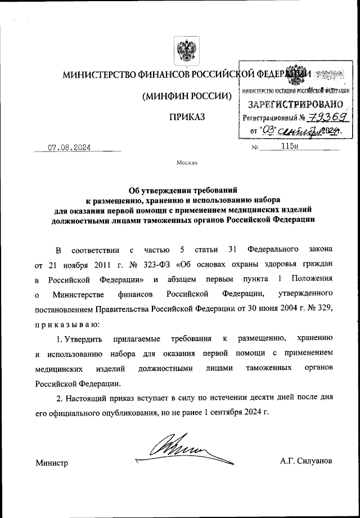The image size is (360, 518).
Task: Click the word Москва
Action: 187,163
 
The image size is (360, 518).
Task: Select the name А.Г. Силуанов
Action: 306,461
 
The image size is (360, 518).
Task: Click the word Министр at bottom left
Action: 51,463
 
